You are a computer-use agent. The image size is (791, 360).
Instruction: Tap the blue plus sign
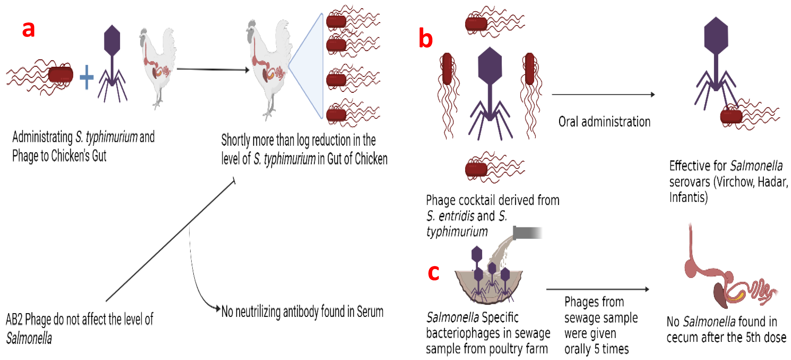87,77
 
